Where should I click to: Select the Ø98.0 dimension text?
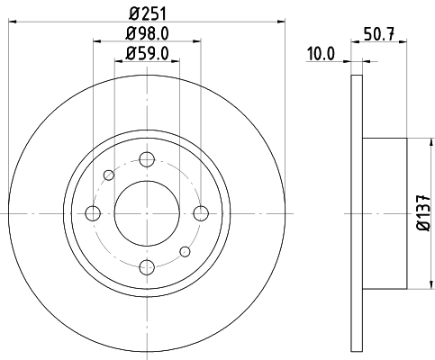point(147,36)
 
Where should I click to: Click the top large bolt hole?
point(147,159)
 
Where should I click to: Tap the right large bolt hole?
point(201,213)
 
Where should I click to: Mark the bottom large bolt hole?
point(147,267)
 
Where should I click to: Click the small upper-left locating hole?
point(109,175)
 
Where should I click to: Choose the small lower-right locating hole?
point(185,251)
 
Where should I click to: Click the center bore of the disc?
point(147,213)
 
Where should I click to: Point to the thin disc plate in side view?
point(356,213)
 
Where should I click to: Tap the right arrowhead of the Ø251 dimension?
point(281,22)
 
